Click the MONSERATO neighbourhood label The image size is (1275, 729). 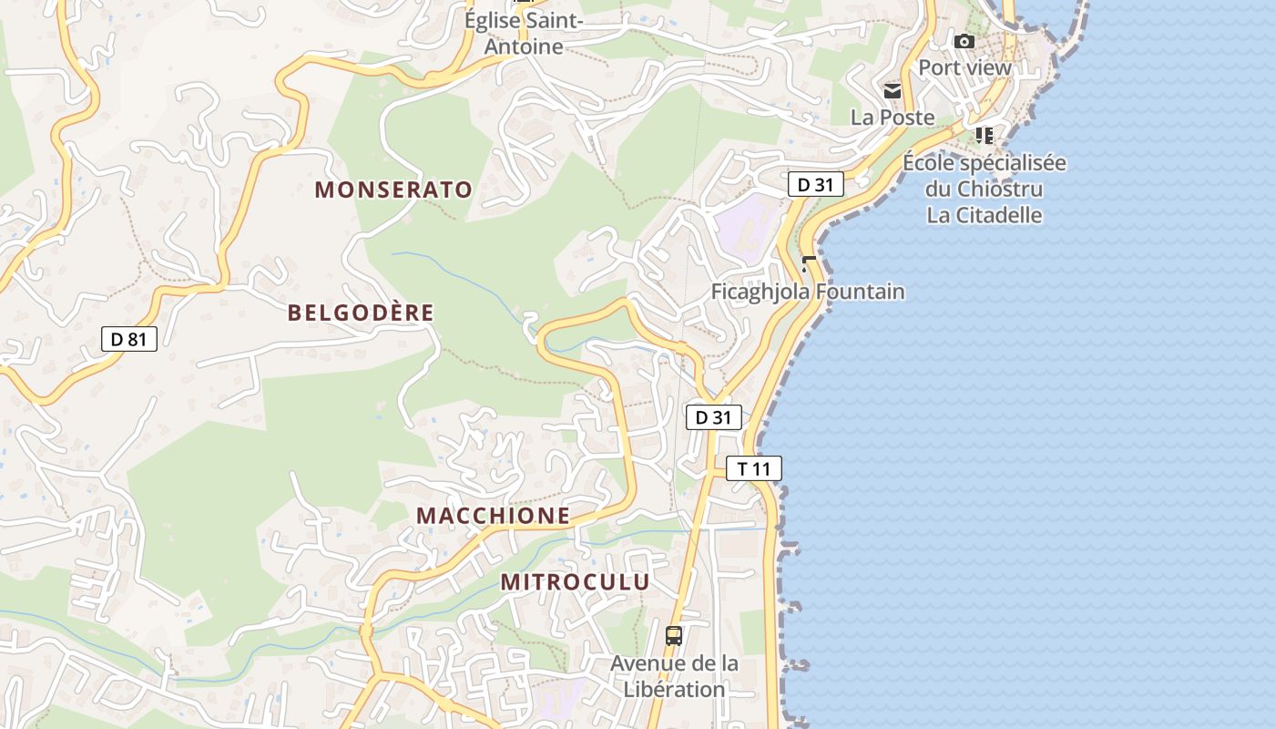pyautogui.click(x=393, y=190)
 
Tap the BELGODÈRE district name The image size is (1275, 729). pyautogui.click(x=361, y=313)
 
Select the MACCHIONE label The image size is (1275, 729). pyautogui.click(x=493, y=516)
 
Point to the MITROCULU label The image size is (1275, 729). pyautogui.click(x=575, y=582)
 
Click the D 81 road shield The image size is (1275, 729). pyautogui.click(x=128, y=340)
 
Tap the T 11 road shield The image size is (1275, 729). pyautogui.click(x=754, y=469)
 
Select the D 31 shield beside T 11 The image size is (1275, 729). pyautogui.click(x=714, y=418)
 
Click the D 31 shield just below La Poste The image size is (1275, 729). pyautogui.click(x=815, y=185)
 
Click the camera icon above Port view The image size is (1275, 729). pyautogui.click(x=964, y=41)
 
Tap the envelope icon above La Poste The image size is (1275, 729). pyautogui.click(x=892, y=90)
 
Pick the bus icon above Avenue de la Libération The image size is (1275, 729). pyautogui.click(x=674, y=636)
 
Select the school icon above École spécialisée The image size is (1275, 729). pyautogui.click(x=984, y=136)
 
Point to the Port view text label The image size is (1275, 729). pyautogui.click(x=964, y=67)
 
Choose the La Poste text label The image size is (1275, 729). pyautogui.click(x=892, y=118)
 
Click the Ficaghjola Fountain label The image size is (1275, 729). pyautogui.click(x=808, y=293)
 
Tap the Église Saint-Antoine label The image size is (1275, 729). pyautogui.click(x=523, y=33)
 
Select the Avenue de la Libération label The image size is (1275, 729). pyautogui.click(x=674, y=676)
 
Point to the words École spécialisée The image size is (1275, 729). pyautogui.click(x=984, y=164)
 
